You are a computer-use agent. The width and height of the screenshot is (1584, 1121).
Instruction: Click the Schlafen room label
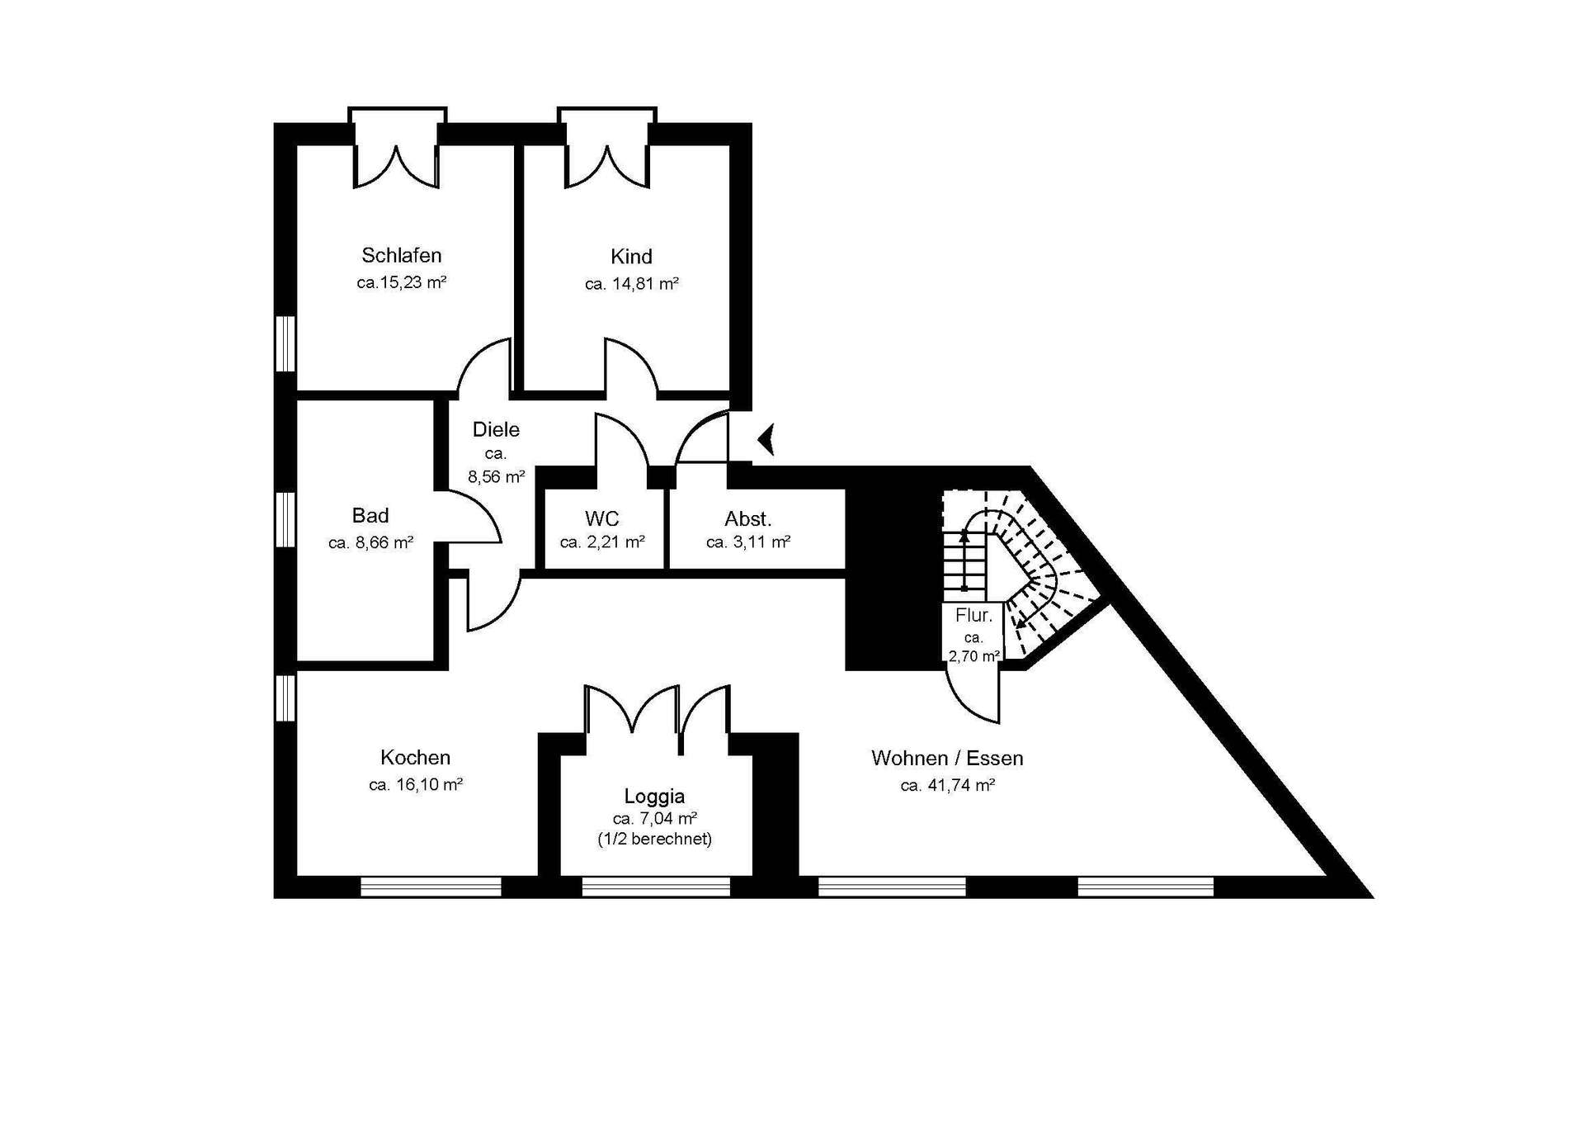pyautogui.click(x=402, y=256)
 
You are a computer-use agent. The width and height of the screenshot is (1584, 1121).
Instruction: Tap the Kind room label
pyautogui.click(x=631, y=257)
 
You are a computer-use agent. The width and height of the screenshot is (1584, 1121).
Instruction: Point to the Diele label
pyautogui.click(x=496, y=429)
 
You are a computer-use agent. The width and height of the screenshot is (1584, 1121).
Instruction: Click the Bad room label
pyautogui.click(x=370, y=516)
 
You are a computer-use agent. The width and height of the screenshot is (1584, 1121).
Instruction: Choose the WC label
pyautogui.click(x=602, y=519)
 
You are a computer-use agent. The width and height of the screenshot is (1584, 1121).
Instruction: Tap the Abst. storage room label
pyautogui.click(x=748, y=519)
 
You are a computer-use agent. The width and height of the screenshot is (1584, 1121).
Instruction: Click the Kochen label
pyautogui.click(x=416, y=757)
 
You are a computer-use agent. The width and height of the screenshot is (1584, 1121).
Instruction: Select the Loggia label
pyautogui.click(x=654, y=797)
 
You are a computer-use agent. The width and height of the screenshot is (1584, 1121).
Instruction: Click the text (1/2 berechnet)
pyautogui.click(x=654, y=839)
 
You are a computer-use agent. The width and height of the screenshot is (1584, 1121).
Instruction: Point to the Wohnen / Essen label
pyautogui.click(x=947, y=758)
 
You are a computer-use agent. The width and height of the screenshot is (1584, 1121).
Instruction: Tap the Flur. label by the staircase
pyautogui.click(x=973, y=615)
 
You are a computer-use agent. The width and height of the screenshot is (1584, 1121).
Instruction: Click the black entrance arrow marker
pyautogui.click(x=766, y=439)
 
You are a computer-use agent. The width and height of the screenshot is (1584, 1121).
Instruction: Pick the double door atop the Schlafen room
pyautogui.click(x=397, y=149)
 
